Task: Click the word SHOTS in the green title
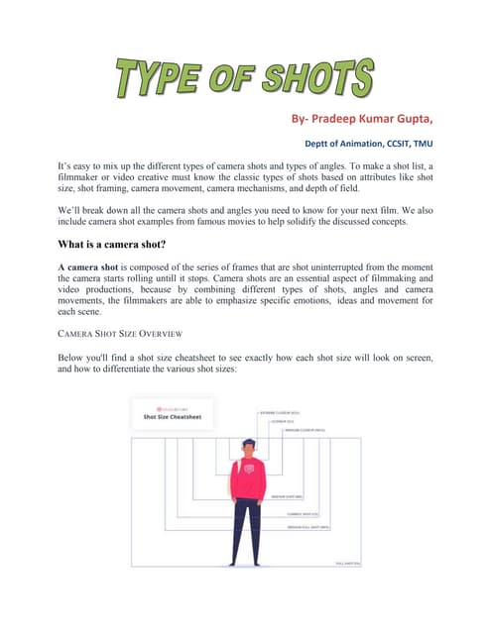point(322,79)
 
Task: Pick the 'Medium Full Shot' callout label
point(308,528)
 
